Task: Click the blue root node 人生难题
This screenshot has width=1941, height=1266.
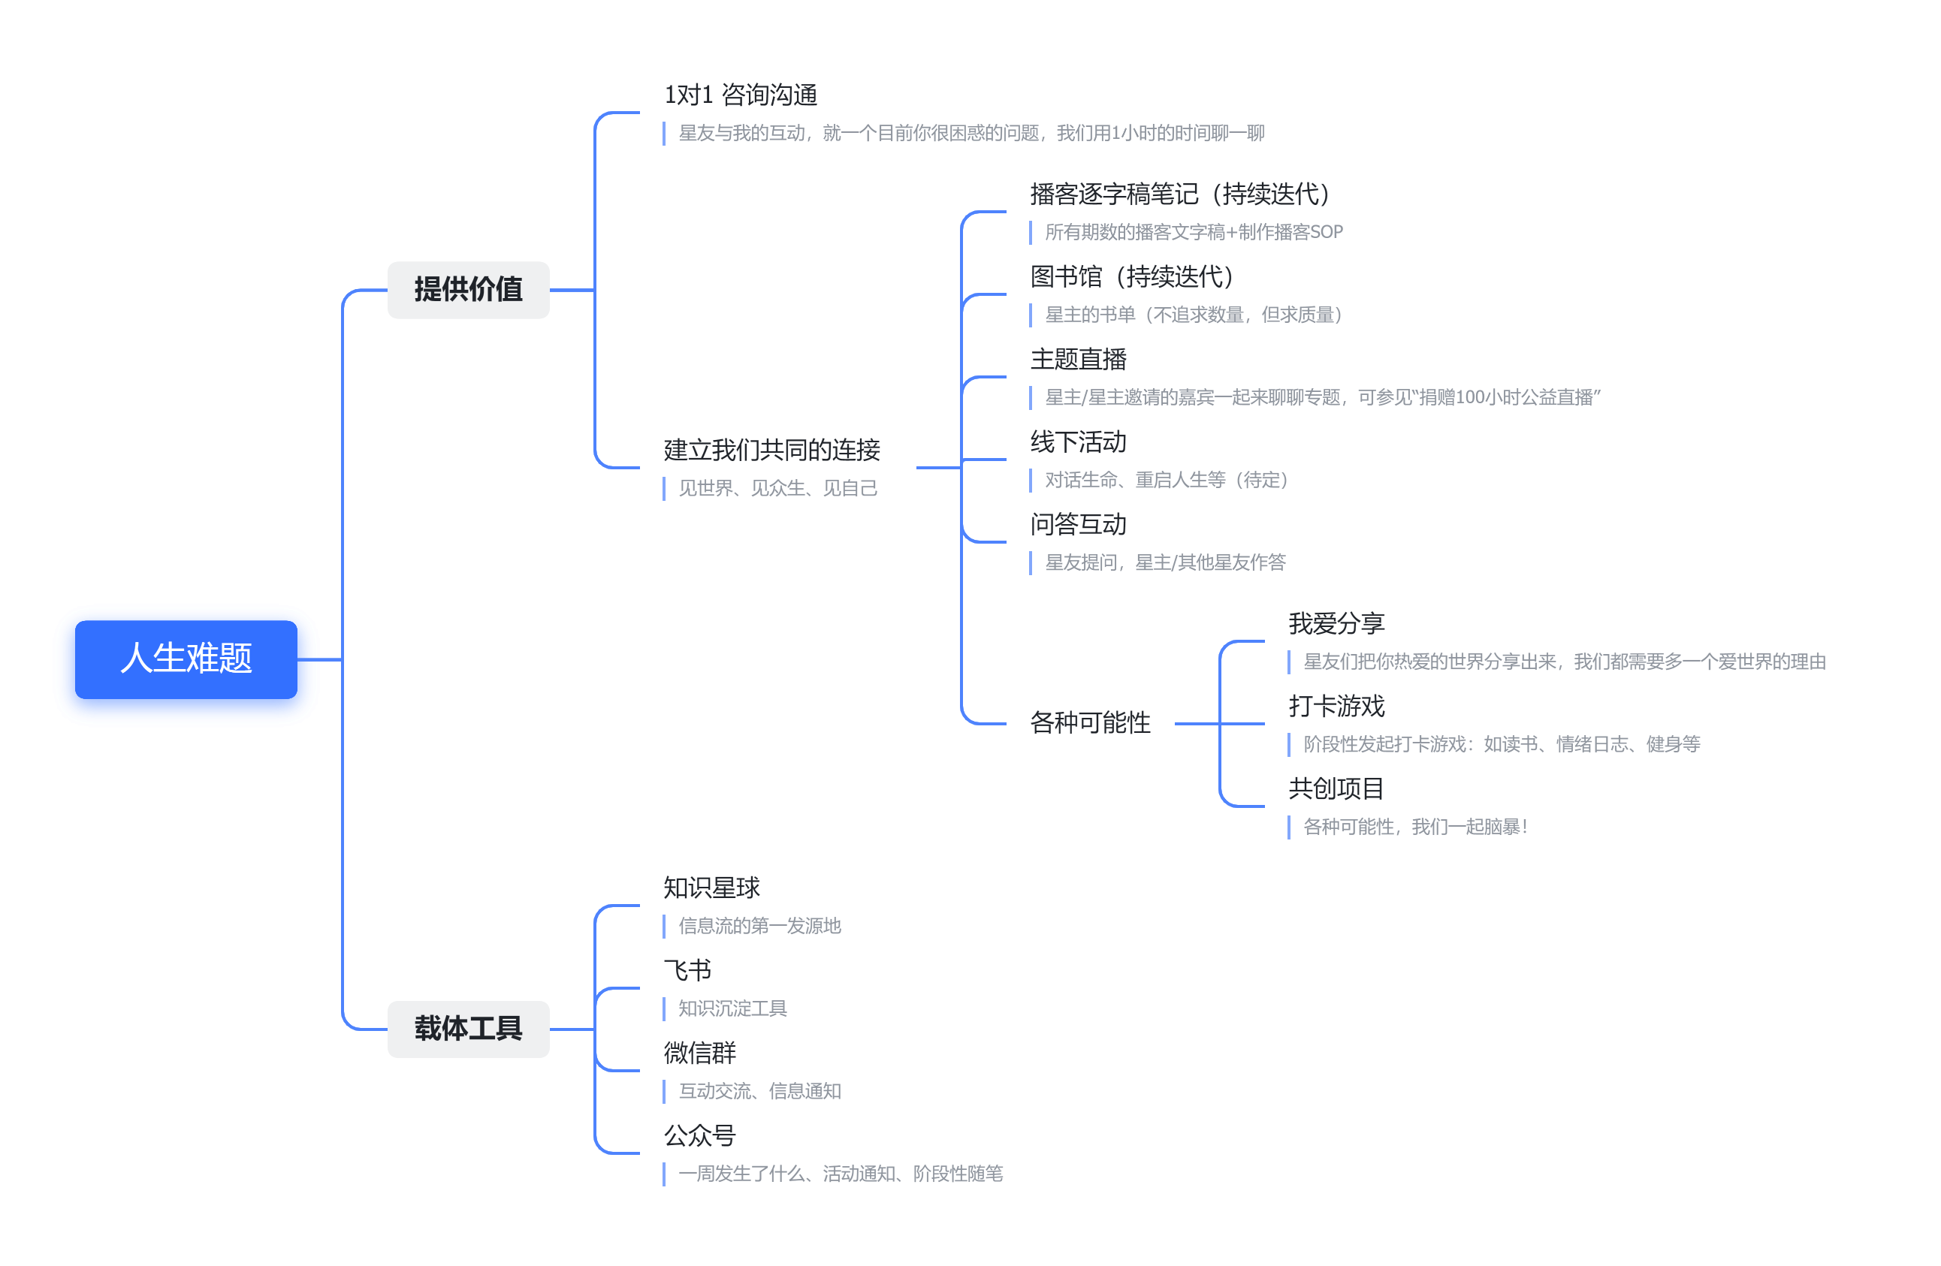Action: (186, 659)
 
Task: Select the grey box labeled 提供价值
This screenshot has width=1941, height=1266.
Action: (468, 289)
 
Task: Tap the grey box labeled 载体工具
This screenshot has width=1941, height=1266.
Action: (468, 1029)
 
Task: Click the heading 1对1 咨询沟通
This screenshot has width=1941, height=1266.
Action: (741, 95)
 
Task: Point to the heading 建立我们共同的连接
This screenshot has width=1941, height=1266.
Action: (771, 450)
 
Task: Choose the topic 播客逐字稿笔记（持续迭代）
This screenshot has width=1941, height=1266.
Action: (1180, 194)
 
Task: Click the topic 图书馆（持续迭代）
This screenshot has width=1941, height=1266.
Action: (1132, 276)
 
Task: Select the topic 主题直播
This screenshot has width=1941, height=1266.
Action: (1078, 360)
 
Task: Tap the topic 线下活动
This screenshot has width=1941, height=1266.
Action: (1078, 442)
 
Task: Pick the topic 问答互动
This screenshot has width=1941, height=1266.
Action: (1078, 524)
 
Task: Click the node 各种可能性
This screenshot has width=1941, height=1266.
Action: (1091, 723)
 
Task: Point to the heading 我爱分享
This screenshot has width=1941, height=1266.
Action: (1336, 624)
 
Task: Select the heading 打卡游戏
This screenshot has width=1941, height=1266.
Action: (1336, 706)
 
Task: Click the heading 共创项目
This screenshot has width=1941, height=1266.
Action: (1336, 789)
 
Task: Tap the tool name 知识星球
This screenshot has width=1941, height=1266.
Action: (711, 888)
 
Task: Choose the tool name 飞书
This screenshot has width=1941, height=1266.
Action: (687, 970)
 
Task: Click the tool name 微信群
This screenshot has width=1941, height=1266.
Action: (700, 1053)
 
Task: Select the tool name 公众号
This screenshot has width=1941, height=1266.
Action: (700, 1135)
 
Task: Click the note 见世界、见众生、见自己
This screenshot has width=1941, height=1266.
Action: (778, 488)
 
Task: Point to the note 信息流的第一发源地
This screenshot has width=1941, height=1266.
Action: (759, 926)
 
